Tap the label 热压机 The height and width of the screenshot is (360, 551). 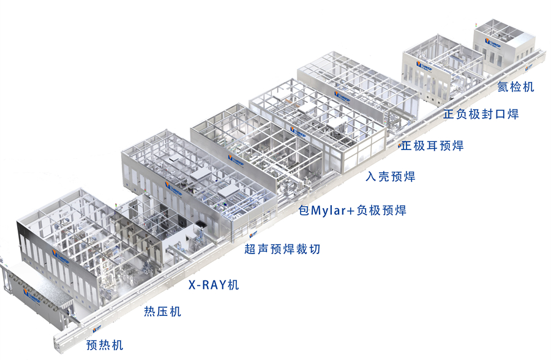point(162,312)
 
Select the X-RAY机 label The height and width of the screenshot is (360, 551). point(214,284)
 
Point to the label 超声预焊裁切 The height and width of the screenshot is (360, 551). point(282,249)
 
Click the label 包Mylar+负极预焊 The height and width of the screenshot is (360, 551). point(352,211)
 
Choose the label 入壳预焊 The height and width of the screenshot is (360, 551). point(391,177)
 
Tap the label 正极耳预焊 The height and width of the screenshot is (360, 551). point(432,145)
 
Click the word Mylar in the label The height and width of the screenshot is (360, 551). point(330,211)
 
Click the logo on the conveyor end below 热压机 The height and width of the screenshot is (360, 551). point(97,331)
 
